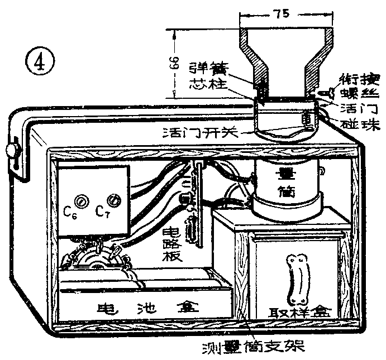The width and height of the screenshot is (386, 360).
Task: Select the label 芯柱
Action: coord(207,87)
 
